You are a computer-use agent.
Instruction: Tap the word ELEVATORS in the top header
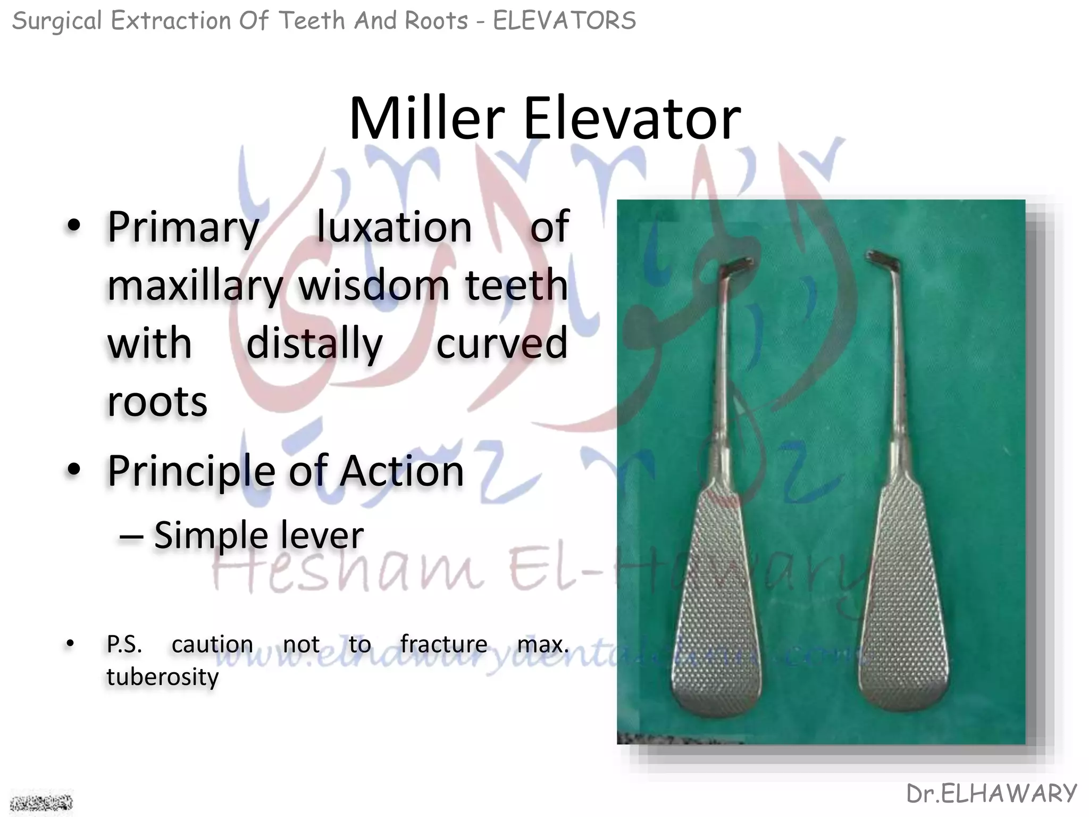(x=564, y=21)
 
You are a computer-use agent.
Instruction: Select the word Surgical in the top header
(x=56, y=21)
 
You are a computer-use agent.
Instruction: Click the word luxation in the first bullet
(x=394, y=227)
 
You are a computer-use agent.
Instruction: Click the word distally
(x=314, y=344)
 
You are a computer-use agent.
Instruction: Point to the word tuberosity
(x=162, y=677)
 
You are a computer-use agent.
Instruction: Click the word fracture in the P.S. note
(x=443, y=644)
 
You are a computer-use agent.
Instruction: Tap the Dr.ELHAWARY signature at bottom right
(x=991, y=794)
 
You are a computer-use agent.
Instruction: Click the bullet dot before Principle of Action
(x=74, y=470)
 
